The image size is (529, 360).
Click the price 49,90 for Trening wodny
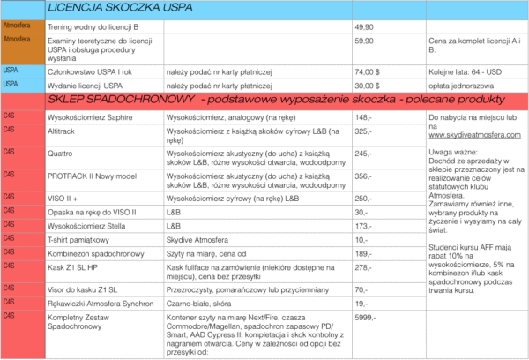coord(367,27)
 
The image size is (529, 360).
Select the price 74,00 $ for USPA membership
coord(368,70)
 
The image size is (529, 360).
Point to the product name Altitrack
coord(60,130)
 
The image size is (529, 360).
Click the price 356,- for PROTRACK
coord(363,176)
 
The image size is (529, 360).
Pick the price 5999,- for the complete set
coord(366,317)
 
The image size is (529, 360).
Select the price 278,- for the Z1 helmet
coord(362,266)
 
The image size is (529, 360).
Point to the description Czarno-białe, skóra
coord(200,303)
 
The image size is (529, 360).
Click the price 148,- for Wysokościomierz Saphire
coord(363,116)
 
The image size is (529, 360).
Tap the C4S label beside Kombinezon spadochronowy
coord(11,253)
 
